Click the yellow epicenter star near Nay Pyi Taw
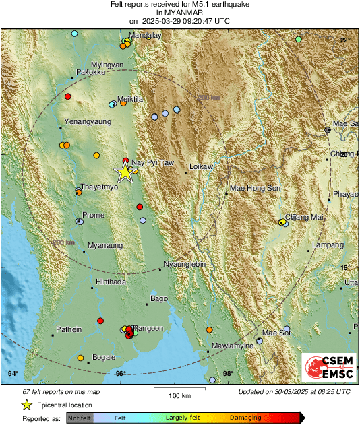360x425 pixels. [x=125, y=172]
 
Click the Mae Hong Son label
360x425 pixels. [x=255, y=188]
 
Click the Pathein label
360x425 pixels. [x=69, y=329]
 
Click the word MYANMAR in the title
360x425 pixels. [x=179, y=12]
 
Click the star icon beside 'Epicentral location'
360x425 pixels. [x=26, y=405]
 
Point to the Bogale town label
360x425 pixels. [x=104, y=356]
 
